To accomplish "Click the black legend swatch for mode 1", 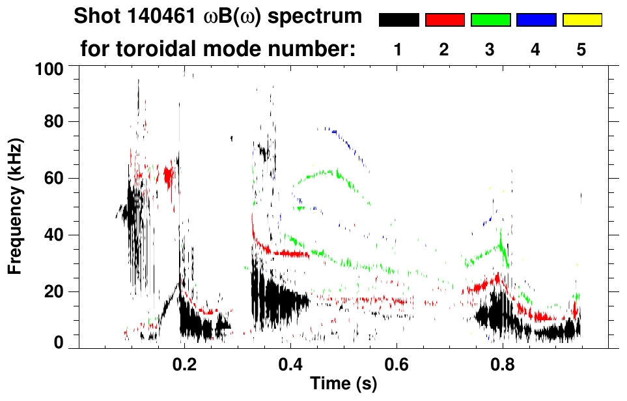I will click(x=398, y=20).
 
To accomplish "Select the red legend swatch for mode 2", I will click(x=445, y=20).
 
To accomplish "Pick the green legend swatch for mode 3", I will click(x=490, y=20).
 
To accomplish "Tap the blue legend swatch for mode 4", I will click(x=536, y=20).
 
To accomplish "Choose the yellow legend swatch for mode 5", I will click(x=582, y=20).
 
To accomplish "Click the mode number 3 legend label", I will click(x=490, y=50).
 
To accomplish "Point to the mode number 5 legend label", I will click(x=581, y=50).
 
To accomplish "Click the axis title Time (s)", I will click(x=342, y=385).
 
